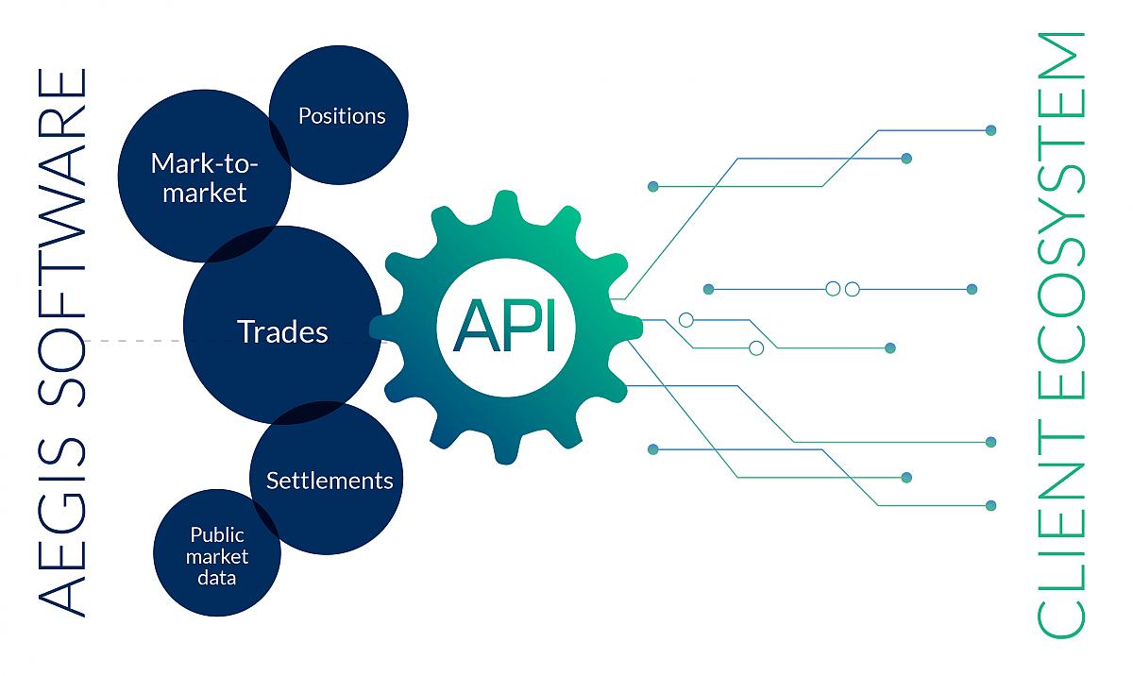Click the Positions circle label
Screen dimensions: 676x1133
pos(342,116)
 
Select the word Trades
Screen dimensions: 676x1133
pos(282,331)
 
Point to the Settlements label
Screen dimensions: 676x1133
pos(329,480)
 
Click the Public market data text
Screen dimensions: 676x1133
pos(216,556)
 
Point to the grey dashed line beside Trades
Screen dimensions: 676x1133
pos(132,340)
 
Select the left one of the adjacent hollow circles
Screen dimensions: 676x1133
pos(833,289)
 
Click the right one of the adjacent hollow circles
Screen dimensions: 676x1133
pos(852,289)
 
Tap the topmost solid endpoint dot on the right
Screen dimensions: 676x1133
pos(990,129)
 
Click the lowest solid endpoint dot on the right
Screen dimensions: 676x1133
pos(990,505)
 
